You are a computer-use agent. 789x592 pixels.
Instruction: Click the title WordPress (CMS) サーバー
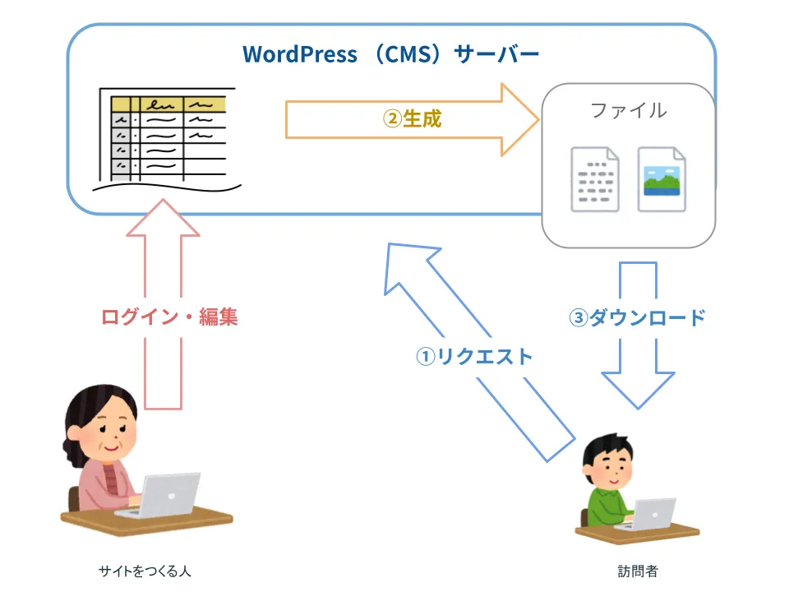tap(390, 55)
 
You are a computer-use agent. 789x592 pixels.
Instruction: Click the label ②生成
tap(413, 118)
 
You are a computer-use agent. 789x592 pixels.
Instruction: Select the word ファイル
tap(629, 110)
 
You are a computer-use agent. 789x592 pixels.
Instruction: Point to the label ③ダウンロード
tap(638, 317)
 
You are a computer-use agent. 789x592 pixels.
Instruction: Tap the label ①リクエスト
tap(473, 356)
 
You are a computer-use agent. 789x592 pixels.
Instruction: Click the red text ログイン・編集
tap(169, 317)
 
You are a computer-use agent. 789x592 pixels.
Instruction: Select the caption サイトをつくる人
tap(145, 571)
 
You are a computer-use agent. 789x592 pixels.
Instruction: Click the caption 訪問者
tap(638, 571)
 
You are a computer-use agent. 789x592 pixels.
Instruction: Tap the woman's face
tap(111, 437)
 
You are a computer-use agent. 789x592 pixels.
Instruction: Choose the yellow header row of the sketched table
tap(168, 104)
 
